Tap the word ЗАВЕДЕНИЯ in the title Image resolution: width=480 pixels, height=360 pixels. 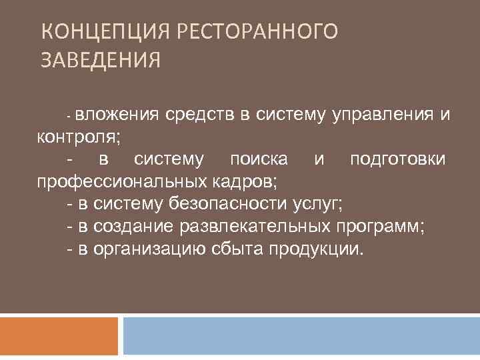tap(101, 61)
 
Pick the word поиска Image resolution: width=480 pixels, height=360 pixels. tap(259, 159)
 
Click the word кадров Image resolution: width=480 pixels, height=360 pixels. tap(246, 181)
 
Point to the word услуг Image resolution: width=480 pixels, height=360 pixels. tap(317, 204)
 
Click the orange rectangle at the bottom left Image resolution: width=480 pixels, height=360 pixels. tap(59, 336)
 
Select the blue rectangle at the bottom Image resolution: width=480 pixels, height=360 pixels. tap(301, 336)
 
